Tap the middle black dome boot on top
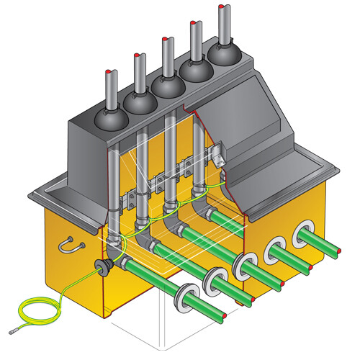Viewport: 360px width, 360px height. [168, 86]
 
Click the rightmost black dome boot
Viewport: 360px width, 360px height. [224, 55]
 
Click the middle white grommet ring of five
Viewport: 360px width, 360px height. [244, 264]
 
